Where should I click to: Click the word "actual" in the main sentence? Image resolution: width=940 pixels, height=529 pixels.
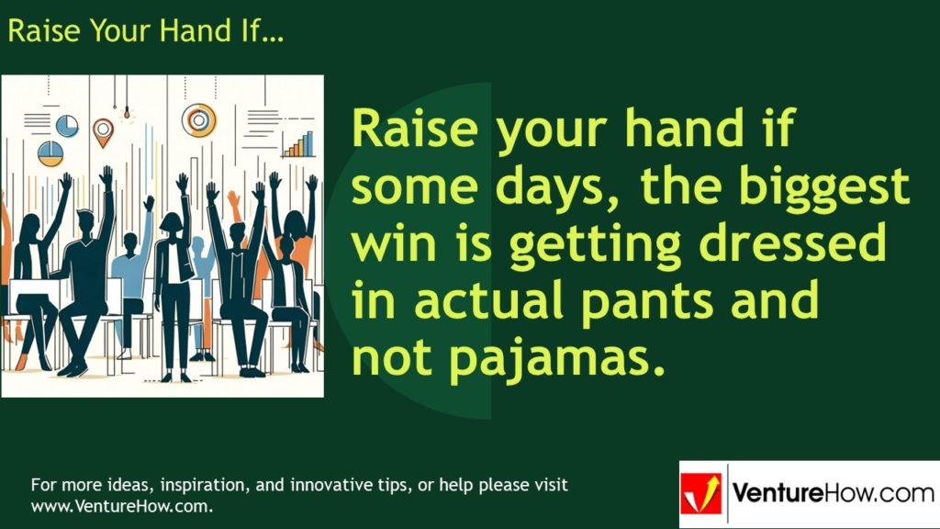pos(476,301)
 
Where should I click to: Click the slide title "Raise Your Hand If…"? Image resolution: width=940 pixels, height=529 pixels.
pos(145,30)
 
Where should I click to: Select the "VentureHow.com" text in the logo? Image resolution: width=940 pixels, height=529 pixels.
pos(832,494)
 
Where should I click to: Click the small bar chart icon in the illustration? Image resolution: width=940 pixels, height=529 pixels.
pos(297,144)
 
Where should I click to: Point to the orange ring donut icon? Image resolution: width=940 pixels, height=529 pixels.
pos(198,118)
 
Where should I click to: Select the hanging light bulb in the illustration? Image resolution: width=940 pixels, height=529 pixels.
pos(126,116)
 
